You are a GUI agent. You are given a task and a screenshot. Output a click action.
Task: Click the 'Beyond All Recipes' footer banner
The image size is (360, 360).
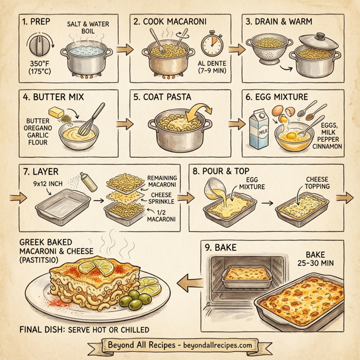click(180, 346)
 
